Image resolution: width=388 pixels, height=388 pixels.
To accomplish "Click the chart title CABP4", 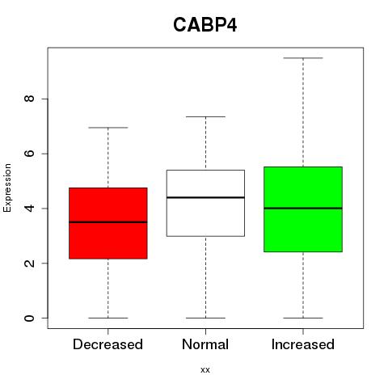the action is point(205,25).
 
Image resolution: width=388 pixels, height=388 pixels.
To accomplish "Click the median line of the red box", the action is point(108,222).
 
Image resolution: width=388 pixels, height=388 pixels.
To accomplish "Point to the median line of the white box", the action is point(205,197).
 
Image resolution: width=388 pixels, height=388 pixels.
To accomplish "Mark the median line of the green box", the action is point(303,208).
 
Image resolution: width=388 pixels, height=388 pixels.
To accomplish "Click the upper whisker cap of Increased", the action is point(303,58).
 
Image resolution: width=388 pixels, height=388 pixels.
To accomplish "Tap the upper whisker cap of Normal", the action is point(205,116).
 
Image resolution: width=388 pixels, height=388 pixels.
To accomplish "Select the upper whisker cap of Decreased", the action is point(108,128).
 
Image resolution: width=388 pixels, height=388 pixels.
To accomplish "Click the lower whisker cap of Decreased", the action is point(108,318).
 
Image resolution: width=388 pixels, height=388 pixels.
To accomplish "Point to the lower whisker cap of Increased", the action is point(303,318).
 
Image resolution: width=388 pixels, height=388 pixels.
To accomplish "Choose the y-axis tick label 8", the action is point(29,99).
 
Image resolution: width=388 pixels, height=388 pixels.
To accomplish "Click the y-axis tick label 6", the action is point(29,154).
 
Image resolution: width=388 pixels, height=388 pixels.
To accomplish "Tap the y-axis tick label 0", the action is point(29,318).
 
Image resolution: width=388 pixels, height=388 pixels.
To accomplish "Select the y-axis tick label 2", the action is point(29,263).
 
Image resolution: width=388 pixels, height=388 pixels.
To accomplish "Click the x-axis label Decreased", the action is point(108,344).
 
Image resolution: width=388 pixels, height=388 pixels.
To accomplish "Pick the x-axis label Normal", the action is point(205,344).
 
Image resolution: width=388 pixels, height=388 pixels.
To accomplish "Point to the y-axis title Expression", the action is point(7,188).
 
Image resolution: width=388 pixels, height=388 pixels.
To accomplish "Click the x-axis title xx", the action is point(205,370).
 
